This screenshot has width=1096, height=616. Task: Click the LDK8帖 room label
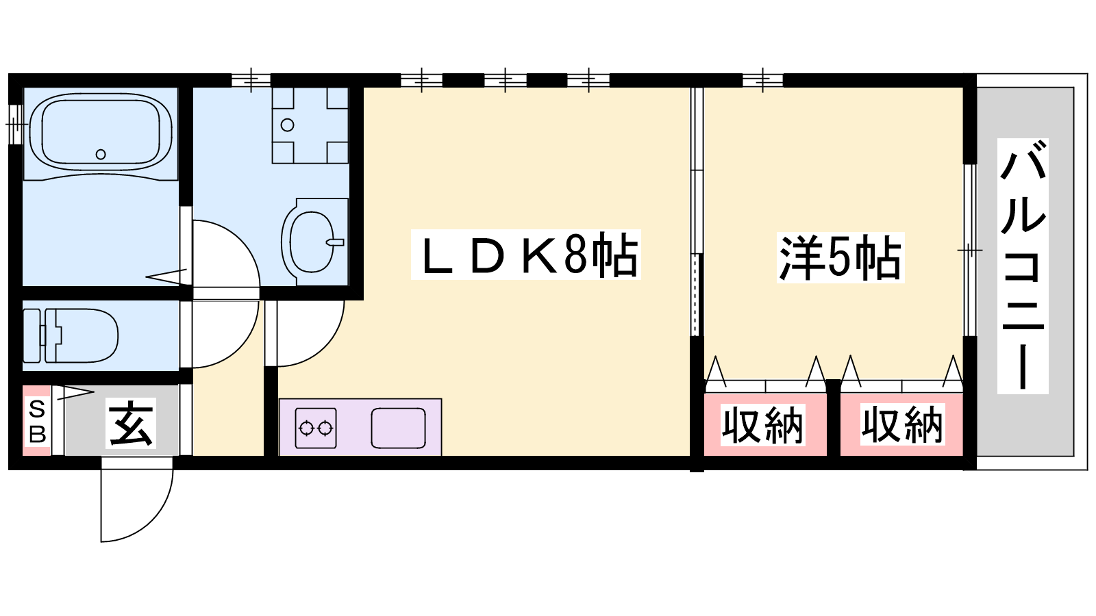coord(526,255)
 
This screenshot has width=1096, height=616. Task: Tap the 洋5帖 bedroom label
coord(840,257)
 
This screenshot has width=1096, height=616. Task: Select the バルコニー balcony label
coord(1022,266)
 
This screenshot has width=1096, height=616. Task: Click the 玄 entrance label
coord(131,423)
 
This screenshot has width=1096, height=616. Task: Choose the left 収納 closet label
coord(762,425)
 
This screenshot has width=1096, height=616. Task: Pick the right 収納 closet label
coord(901,425)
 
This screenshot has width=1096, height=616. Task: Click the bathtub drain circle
coord(101,155)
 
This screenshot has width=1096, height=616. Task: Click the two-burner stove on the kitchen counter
coord(316,428)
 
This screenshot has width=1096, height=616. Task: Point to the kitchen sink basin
coord(398,428)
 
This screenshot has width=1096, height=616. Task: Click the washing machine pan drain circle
coord(288,125)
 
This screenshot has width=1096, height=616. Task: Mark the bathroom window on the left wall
coord(16,125)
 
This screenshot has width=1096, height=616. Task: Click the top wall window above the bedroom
coord(762,80)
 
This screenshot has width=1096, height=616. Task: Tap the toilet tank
coord(32,335)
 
